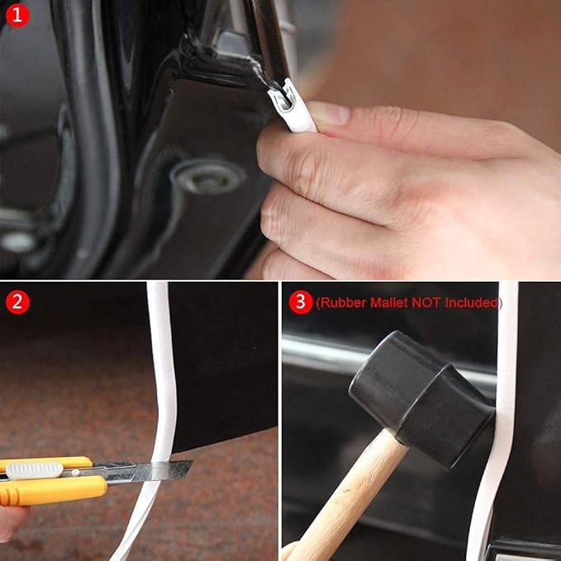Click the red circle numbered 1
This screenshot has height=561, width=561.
click(17, 16)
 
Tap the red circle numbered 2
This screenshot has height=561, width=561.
click(17, 302)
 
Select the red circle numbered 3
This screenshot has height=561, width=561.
click(301, 302)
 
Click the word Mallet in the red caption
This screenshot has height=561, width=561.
click(389, 302)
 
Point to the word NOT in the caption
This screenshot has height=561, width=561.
click(426, 302)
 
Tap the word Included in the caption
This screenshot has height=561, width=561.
click(472, 302)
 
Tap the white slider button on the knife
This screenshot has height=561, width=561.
click(35, 470)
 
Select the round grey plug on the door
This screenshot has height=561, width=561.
click(208, 176)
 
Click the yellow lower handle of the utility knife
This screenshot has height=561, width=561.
click(50, 490)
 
